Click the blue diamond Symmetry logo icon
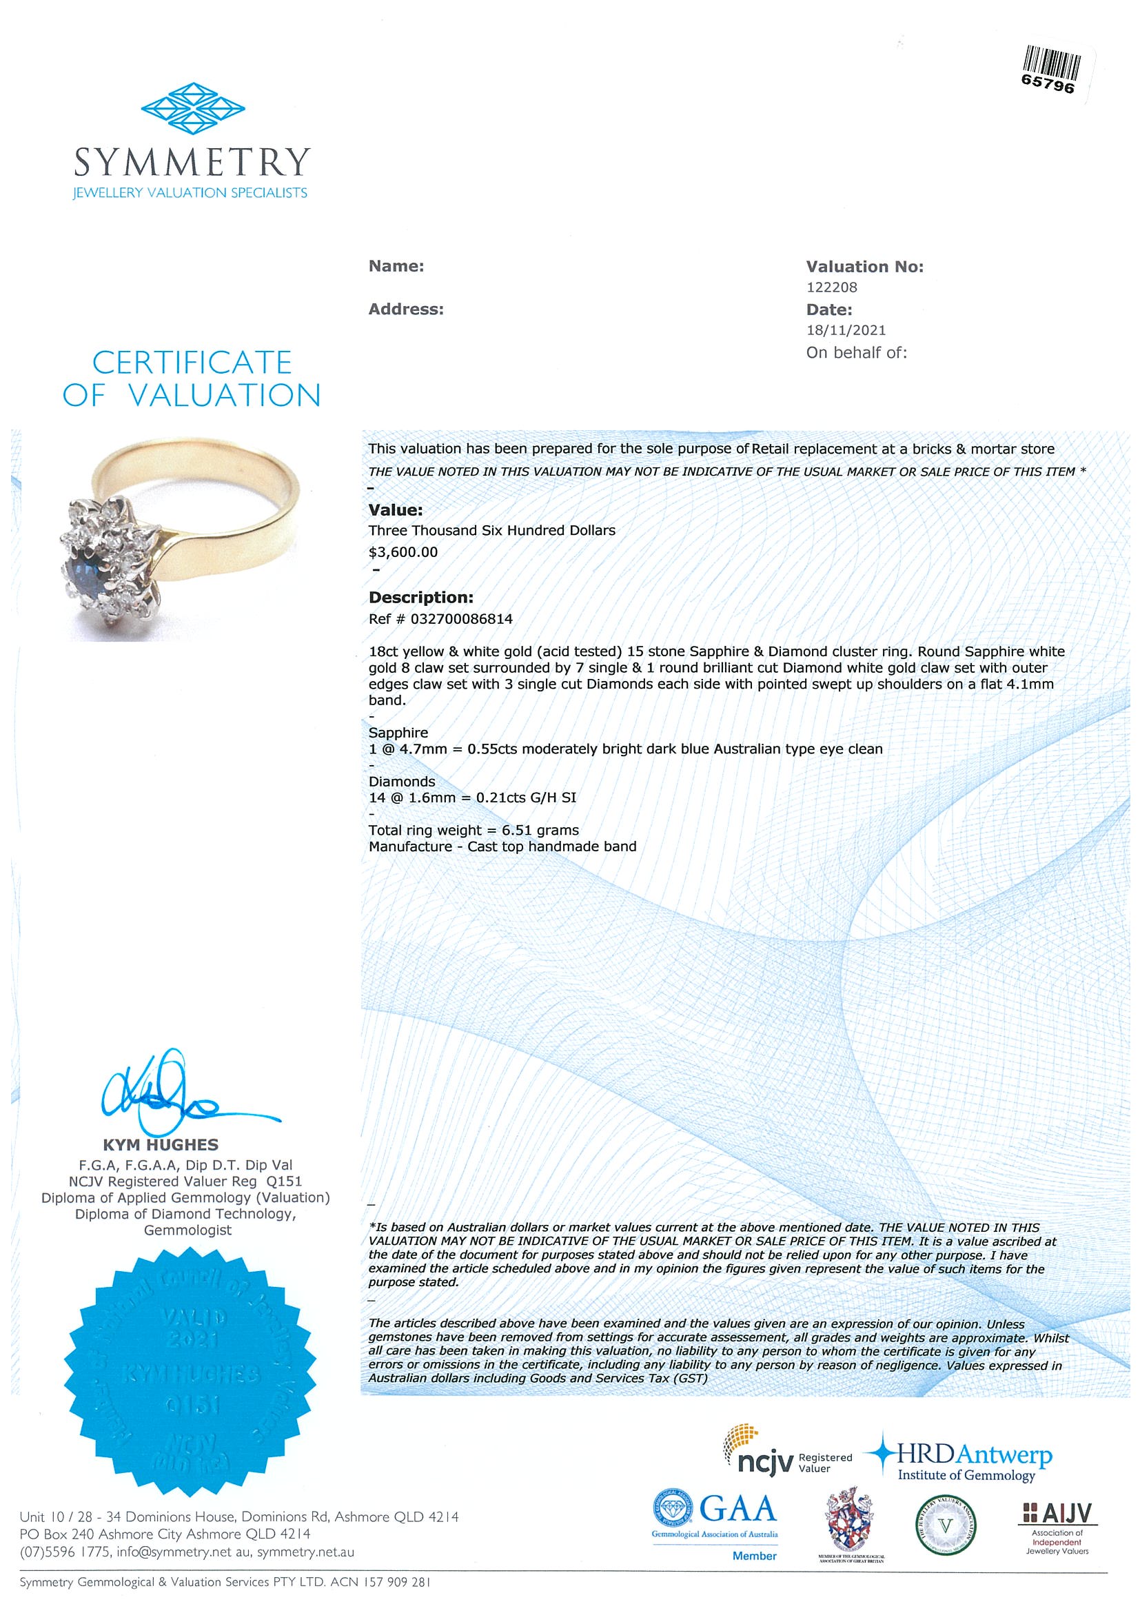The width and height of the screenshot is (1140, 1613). pos(192,110)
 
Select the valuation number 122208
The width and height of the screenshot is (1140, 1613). pos(832,287)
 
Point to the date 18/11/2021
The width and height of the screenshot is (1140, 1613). pos(846,330)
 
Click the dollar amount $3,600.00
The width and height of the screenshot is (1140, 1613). pos(403,552)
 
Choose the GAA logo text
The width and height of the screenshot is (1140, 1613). pos(737,1509)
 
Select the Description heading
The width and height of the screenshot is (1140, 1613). pos(420,598)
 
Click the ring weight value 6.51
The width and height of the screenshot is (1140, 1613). pos(516,831)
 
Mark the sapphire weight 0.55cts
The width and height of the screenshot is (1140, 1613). pos(491,749)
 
